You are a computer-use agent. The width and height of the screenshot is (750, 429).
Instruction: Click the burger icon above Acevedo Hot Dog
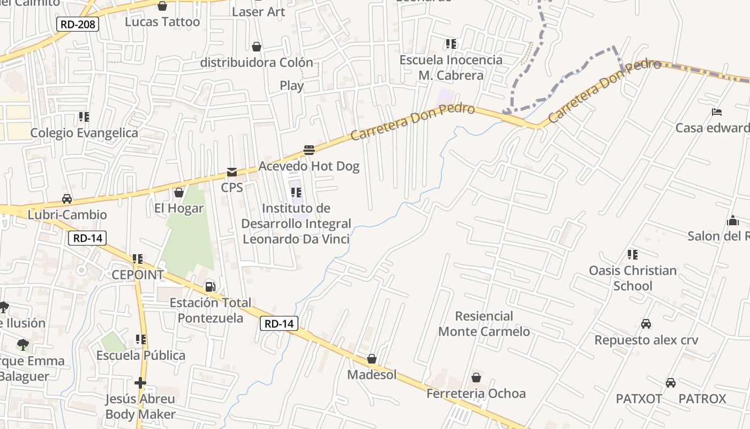(x=309, y=150)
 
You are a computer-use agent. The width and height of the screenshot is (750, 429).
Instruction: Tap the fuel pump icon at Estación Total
(x=211, y=287)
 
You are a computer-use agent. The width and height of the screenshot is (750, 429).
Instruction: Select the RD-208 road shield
(x=78, y=24)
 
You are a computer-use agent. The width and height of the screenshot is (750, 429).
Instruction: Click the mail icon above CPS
(x=232, y=172)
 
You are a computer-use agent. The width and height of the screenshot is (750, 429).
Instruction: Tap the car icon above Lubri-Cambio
(x=67, y=199)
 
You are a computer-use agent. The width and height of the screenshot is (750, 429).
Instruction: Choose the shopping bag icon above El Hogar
(x=179, y=192)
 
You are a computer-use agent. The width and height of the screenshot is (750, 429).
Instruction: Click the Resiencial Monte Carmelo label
(x=484, y=324)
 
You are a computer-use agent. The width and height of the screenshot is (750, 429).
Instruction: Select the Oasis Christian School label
(x=633, y=278)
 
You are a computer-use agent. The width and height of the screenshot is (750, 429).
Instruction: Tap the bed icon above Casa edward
(x=717, y=112)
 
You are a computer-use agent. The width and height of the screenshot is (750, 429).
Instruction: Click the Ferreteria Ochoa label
(x=476, y=394)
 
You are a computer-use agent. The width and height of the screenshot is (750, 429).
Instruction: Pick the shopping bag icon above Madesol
(x=372, y=359)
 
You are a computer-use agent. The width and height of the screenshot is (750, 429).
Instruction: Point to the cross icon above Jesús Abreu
(x=140, y=383)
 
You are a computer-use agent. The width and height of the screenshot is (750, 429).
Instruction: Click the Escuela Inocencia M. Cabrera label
(x=451, y=68)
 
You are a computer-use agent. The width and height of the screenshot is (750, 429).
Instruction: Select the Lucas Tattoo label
(x=162, y=22)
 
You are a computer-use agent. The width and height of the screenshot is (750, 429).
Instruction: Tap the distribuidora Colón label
(x=257, y=63)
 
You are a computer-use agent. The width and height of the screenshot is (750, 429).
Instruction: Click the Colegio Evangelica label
(x=84, y=132)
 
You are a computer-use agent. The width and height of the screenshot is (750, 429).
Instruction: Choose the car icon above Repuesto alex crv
(x=646, y=324)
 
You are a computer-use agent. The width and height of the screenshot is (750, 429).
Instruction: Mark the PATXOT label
(x=639, y=399)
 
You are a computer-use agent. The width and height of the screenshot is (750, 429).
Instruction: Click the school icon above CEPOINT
(x=138, y=259)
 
